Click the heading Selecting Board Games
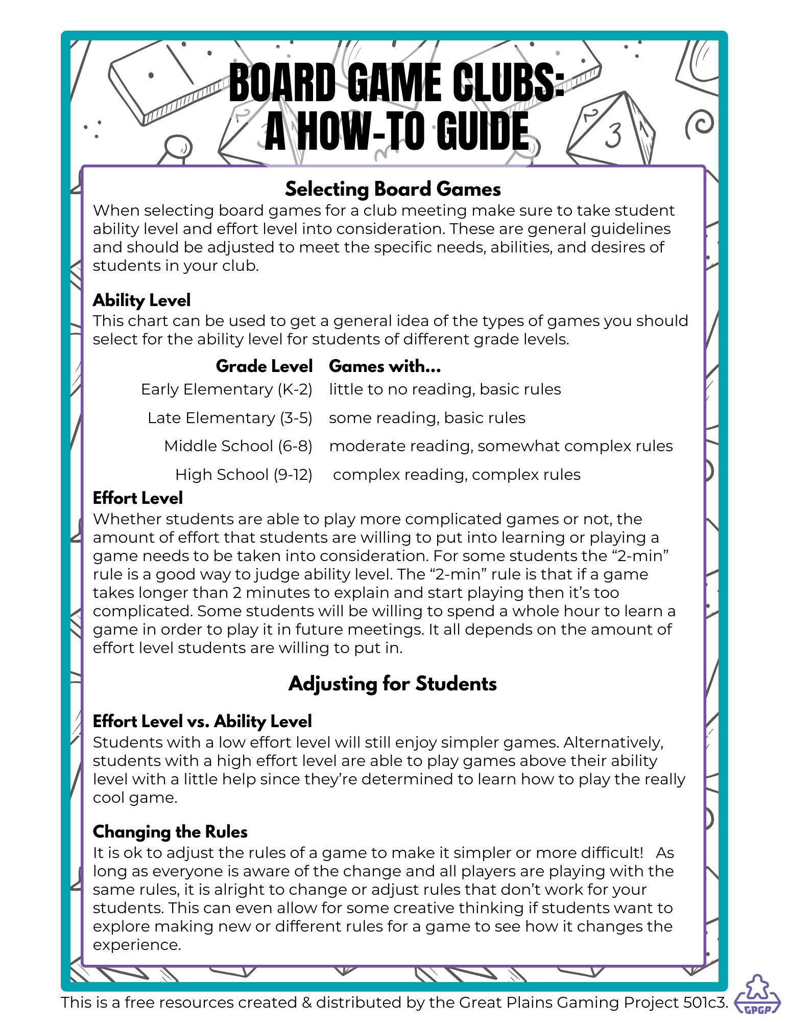point(393,189)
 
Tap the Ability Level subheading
point(141,300)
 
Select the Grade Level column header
point(264,366)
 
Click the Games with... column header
point(385,366)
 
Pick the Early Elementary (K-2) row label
point(226,389)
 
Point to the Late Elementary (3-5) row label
point(230,418)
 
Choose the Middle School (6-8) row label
point(238,446)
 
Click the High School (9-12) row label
point(244,475)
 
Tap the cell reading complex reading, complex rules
point(457,475)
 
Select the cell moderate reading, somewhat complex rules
point(500,446)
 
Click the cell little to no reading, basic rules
point(445,389)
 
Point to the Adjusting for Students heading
point(392,684)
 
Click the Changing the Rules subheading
point(170,832)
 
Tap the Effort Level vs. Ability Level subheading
point(202,721)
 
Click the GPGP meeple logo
point(757,994)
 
